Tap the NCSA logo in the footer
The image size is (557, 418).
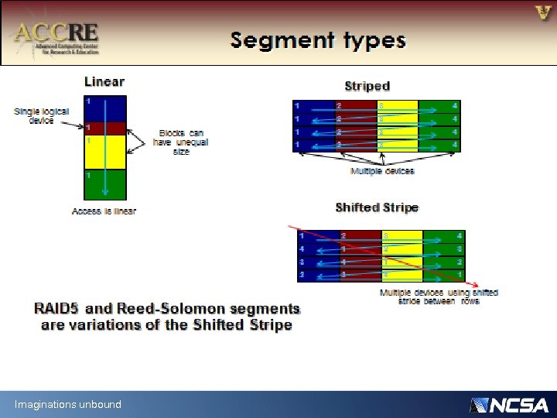(509, 405)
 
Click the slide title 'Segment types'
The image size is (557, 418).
(317, 39)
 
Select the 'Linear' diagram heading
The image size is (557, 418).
(104, 81)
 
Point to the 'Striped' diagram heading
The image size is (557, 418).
(367, 86)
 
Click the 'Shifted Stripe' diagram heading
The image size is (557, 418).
(377, 207)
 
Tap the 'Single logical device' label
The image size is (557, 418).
(42, 115)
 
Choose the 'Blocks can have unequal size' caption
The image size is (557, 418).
(181, 142)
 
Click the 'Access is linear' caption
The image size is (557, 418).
(104, 211)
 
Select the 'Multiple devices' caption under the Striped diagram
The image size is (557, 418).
(382, 170)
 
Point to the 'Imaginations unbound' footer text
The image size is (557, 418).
(68, 404)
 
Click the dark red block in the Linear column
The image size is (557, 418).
(104, 128)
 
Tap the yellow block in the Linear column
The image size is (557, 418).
(104, 152)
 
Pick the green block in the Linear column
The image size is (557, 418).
(104, 184)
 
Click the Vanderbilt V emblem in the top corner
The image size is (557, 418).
(543, 12)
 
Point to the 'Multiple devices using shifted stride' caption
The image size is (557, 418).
(439, 296)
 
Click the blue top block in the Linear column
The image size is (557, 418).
(104, 108)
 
